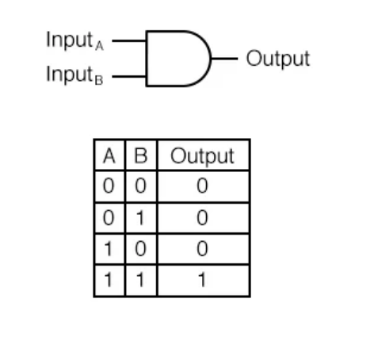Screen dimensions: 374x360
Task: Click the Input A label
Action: (x=74, y=40)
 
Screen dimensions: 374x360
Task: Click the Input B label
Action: (x=74, y=75)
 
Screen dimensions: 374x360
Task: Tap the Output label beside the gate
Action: (x=278, y=59)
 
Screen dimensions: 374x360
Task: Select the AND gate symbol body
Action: (x=178, y=59)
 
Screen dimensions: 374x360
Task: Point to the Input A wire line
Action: (x=129, y=40)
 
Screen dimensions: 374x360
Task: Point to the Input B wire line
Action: (x=129, y=77)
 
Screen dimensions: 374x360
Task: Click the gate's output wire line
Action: (x=224, y=59)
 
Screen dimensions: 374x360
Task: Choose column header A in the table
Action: (x=109, y=155)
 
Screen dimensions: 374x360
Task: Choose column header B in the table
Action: (x=141, y=155)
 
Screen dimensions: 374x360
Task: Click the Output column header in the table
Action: (x=203, y=155)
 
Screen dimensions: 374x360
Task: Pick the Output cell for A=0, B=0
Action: (x=203, y=186)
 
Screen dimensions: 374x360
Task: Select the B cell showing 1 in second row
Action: (x=141, y=218)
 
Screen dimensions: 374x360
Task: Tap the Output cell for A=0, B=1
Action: (x=203, y=218)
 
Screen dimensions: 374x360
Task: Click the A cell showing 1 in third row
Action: (x=109, y=249)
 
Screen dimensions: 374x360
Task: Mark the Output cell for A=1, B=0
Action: (x=203, y=249)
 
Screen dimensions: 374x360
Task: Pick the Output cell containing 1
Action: (x=203, y=280)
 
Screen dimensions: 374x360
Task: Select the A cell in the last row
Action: (x=109, y=280)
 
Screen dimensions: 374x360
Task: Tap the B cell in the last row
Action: (x=141, y=280)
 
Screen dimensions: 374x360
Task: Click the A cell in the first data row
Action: (x=109, y=186)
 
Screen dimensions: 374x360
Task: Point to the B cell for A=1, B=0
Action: (x=141, y=249)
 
